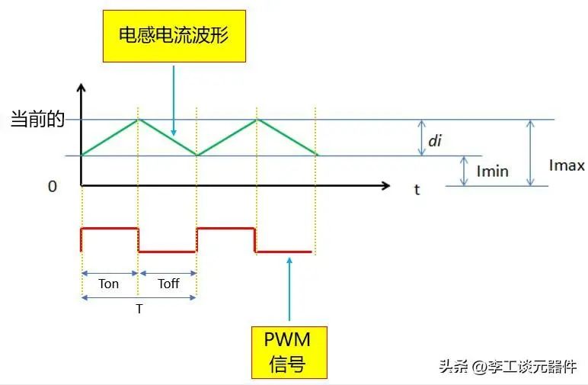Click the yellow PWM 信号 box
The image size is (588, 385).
[x=289, y=351]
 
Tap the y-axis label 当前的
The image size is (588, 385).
[x=37, y=120]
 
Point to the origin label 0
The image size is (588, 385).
[x=53, y=186]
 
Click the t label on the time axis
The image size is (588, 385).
[x=417, y=190]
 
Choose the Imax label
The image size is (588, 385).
[x=566, y=165]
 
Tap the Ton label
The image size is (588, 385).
[x=109, y=284]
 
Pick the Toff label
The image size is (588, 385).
[x=168, y=284]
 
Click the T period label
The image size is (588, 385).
[x=139, y=310]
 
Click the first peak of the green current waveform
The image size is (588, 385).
[x=138, y=120]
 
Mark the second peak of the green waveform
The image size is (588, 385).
[x=257, y=120]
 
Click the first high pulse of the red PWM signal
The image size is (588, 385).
[x=110, y=228]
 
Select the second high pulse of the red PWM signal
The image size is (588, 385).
[x=225, y=228]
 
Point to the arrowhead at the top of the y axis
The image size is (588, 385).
[x=81, y=86]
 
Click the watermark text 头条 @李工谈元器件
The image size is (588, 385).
[x=507, y=367]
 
